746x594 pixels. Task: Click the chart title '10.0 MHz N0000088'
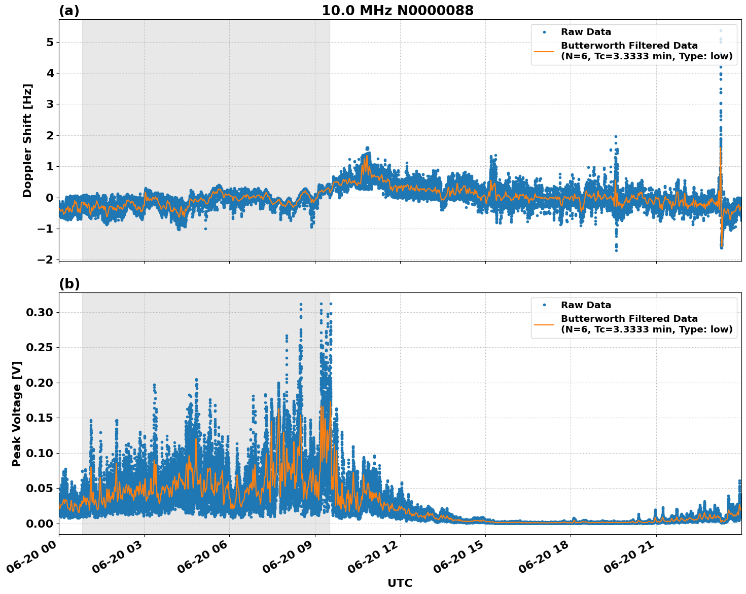pos(398,11)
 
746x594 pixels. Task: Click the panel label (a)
pos(69,11)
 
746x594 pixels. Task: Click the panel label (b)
pos(69,284)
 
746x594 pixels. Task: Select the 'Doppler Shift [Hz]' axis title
pos(27,140)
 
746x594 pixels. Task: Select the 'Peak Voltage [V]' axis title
pos(17,414)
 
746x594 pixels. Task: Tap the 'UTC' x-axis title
pos(400,583)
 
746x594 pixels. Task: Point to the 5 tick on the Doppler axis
pos(50,43)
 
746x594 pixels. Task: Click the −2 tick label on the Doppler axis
pos(45,259)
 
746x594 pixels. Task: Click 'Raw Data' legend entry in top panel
pos(586,32)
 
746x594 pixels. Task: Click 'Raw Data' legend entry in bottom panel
pos(586,305)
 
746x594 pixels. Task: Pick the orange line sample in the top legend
pos(544,51)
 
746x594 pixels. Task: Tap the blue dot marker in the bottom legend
pos(544,305)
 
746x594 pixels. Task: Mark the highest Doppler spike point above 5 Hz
pos(721,31)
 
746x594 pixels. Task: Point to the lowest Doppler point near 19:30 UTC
pos(616,250)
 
